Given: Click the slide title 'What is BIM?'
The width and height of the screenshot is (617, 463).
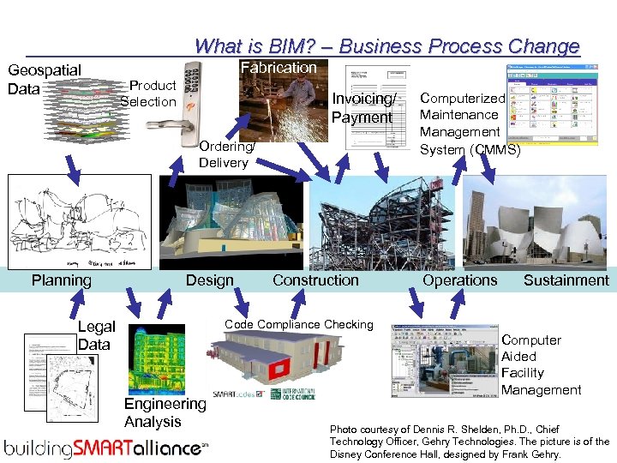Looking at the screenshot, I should pos(387,46).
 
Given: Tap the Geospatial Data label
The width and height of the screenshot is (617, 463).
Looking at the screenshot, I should pos(44,79).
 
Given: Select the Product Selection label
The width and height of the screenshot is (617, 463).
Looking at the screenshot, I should pos(149,93).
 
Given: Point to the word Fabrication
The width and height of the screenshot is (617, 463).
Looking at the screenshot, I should pos(279,67).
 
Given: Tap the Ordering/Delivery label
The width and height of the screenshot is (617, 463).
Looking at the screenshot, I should pos(225,154).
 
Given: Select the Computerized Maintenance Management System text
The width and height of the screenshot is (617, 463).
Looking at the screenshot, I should pos(470,123).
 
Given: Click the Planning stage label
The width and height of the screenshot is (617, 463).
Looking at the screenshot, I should pos(62,280).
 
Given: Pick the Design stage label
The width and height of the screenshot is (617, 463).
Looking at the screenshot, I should pos(209,280).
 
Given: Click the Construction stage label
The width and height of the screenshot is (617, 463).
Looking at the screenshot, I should pos(315,280).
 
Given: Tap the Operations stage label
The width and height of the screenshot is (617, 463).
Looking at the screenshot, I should pos(459,280).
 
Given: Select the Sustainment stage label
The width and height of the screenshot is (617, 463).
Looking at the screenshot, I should pos(566,280).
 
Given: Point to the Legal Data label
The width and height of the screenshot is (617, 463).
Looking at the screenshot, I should pos(95,335).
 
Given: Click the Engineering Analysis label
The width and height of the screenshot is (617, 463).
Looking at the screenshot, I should pos(165,412).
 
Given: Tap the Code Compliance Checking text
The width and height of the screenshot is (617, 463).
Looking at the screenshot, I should pos(299,324).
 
